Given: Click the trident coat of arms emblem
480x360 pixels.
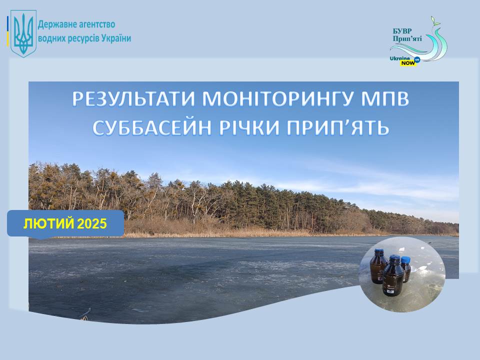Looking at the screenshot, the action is [23, 33].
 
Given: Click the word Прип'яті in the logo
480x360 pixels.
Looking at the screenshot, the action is [407, 38].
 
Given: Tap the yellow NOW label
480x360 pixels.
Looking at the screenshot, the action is [408, 63].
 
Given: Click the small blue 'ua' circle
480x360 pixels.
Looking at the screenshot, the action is [416, 59].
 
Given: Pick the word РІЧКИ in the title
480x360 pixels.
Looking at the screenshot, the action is [249, 127].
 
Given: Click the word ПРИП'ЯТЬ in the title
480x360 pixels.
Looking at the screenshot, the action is [337, 127].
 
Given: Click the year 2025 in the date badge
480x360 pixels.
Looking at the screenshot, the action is [92, 224].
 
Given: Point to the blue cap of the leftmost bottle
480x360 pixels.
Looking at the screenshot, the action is [378, 252].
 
